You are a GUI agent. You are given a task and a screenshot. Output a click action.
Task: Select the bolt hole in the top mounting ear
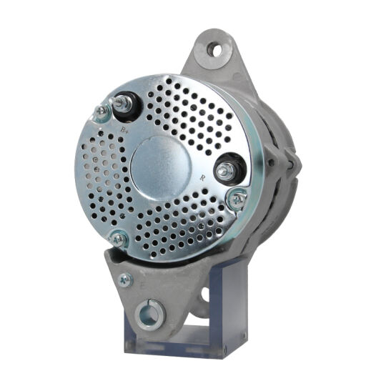tap(216, 50)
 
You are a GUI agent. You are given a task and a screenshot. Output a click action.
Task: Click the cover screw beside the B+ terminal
tap(102, 112)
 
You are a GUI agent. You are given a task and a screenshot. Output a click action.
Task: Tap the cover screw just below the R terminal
tap(236, 199)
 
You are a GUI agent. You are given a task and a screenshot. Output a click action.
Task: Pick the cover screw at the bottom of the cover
tap(119, 239)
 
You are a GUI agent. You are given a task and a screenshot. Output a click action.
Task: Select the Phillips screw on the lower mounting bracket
tap(125, 280)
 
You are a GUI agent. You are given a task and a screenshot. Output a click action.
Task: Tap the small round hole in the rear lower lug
tap(207, 293)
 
